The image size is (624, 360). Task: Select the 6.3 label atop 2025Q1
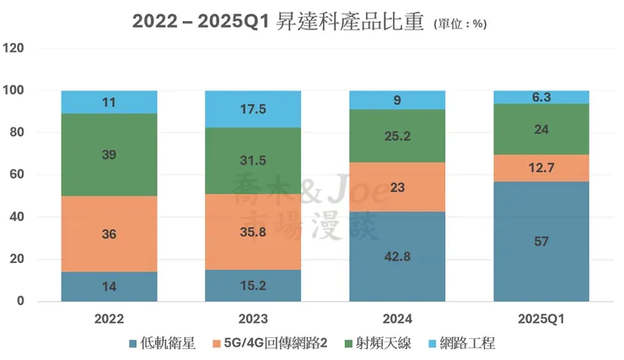541,97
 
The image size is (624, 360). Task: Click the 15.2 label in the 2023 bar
253,286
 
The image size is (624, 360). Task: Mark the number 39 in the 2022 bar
110,156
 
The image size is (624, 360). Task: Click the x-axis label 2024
397,320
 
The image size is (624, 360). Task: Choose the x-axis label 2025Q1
541,320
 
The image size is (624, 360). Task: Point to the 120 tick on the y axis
15,48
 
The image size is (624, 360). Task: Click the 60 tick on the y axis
19,175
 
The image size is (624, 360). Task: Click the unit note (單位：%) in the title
460,24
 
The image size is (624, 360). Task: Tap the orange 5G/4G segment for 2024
397,187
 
